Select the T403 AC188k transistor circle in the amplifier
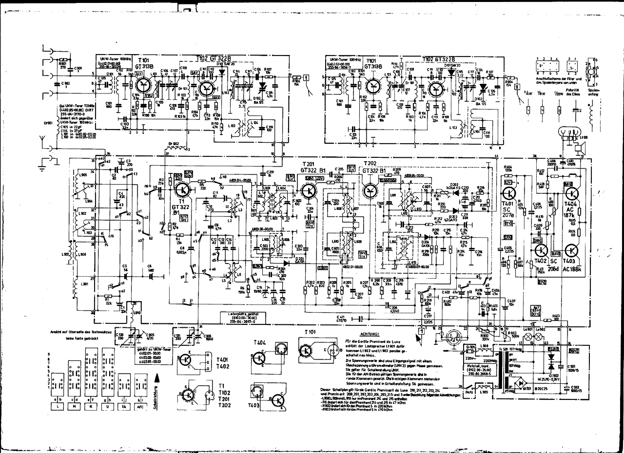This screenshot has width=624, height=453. point(571,250)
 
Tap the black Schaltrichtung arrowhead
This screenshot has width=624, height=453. point(156,377)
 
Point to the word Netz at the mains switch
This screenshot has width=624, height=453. point(469,391)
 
